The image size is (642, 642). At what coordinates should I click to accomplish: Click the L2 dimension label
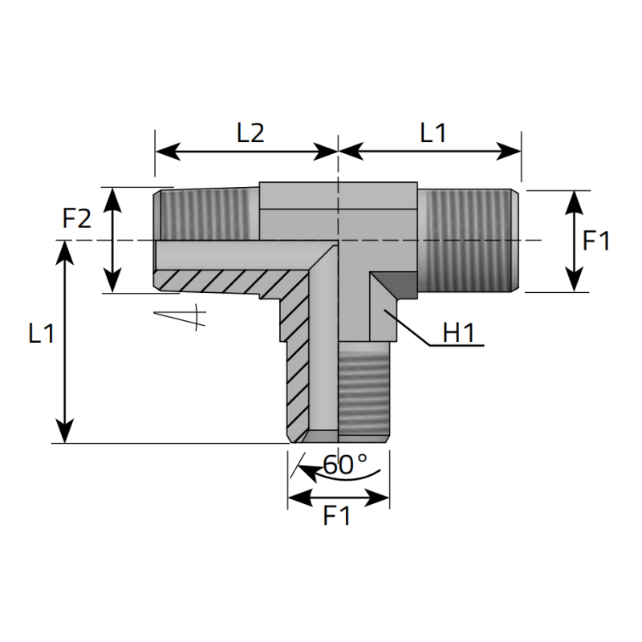tap(250, 133)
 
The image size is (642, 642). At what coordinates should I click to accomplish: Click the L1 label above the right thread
tap(433, 133)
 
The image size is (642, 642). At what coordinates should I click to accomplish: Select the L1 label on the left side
tap(42, 333)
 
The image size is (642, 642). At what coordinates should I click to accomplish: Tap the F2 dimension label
tap(76, 218)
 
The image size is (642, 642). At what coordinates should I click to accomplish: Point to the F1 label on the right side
tap(596, 241)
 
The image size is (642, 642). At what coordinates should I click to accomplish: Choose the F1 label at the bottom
tap(336, 516)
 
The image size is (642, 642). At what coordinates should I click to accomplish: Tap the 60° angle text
tap(345, 465)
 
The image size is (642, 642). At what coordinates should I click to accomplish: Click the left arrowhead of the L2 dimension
tap(168, 152)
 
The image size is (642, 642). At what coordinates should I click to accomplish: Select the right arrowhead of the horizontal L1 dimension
tap(508, 152)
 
